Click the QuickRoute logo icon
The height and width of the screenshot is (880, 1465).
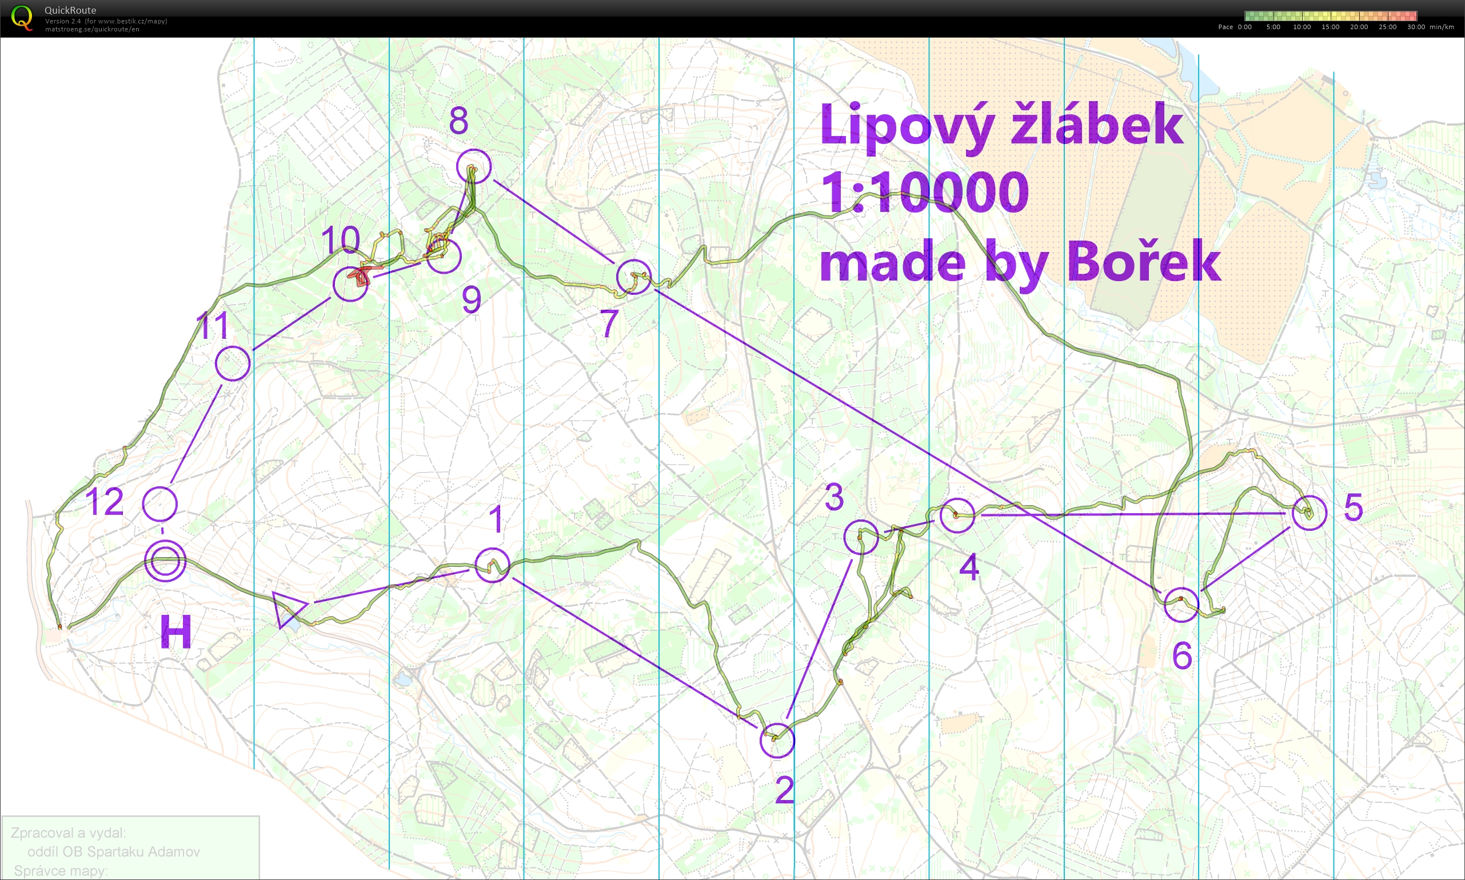21,17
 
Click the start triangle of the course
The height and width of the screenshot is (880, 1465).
288,607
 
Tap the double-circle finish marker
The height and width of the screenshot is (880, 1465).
165,561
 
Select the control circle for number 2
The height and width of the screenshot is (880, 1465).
777,741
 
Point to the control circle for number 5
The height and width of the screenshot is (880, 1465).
1309,513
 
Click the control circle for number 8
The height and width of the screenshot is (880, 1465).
474,166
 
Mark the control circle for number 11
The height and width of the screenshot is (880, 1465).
233,363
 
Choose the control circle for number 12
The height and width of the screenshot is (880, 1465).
159,503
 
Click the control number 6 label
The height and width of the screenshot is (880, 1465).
1181,655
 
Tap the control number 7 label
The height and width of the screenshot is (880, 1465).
609,323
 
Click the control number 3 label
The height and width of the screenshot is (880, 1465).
834,497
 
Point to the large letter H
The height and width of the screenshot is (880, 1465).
176,631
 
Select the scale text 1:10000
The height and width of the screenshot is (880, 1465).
925,193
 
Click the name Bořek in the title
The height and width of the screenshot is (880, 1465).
1144,261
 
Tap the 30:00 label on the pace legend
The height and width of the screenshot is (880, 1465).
1416,27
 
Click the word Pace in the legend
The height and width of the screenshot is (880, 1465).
1226,27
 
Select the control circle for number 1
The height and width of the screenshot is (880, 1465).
492,565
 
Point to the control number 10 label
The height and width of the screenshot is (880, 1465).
340,240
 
